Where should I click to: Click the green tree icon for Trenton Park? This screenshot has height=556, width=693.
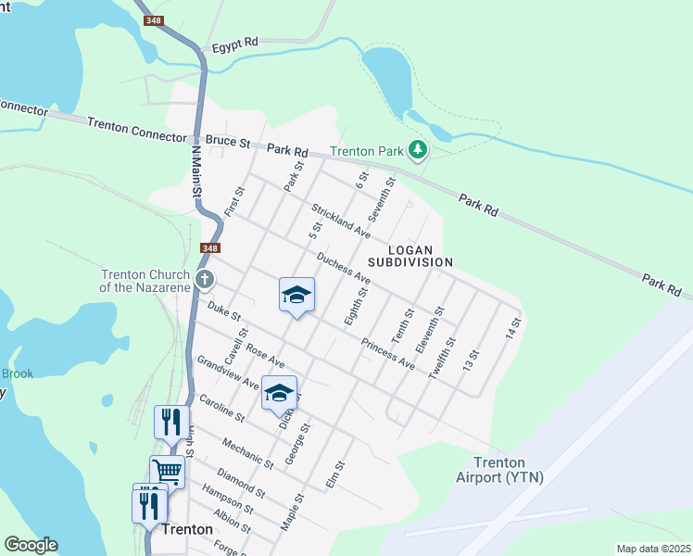tap(419, 150)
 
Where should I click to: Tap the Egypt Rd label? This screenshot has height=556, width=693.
tap(233, 46)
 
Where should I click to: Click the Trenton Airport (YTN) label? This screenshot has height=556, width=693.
tap(499, 470)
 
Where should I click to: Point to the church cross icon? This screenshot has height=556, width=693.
tap(205, 279)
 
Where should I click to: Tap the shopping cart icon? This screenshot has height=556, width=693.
tap(167, 471)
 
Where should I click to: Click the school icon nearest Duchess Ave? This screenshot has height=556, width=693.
tap(296, 295)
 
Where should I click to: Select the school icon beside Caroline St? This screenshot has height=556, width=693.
tap(279, 393)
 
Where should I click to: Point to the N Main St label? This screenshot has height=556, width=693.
tap(195, 170)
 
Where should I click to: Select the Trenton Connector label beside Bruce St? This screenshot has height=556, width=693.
tap(136, 130)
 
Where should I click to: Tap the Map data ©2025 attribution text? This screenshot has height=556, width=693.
tap(652, 549)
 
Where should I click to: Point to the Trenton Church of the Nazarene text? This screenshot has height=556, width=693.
tap(144, 280)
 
